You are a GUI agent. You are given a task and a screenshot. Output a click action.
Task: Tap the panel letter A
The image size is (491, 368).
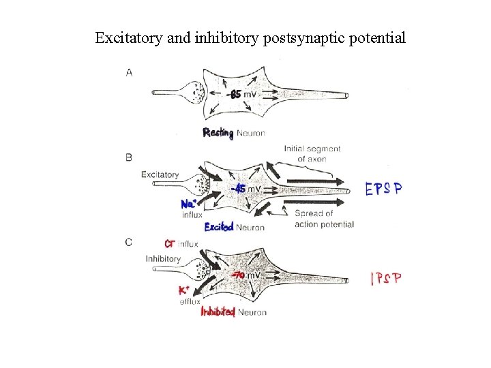pos(130,72)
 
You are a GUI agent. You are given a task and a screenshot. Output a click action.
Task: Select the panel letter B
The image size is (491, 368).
pos(130,157)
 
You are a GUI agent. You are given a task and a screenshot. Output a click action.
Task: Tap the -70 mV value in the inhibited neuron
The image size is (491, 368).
pos(246,276)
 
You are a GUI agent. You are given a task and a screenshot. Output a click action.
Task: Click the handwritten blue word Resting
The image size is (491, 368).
pos(218,133)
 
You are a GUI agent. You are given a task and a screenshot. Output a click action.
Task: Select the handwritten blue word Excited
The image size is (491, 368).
pos(219,227)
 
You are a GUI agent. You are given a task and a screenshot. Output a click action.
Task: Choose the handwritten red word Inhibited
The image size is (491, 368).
pos(218,312)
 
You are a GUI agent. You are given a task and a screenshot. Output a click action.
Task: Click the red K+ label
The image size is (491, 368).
pos(185,290)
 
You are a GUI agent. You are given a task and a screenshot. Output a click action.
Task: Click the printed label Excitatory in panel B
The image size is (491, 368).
pos(160,175)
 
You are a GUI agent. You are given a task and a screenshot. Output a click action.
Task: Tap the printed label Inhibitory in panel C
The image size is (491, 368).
pos(163,259)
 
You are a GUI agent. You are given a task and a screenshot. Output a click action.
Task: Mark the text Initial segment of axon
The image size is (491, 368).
pos(312,154)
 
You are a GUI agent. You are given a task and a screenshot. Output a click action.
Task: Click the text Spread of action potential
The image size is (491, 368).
pos(324,219)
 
